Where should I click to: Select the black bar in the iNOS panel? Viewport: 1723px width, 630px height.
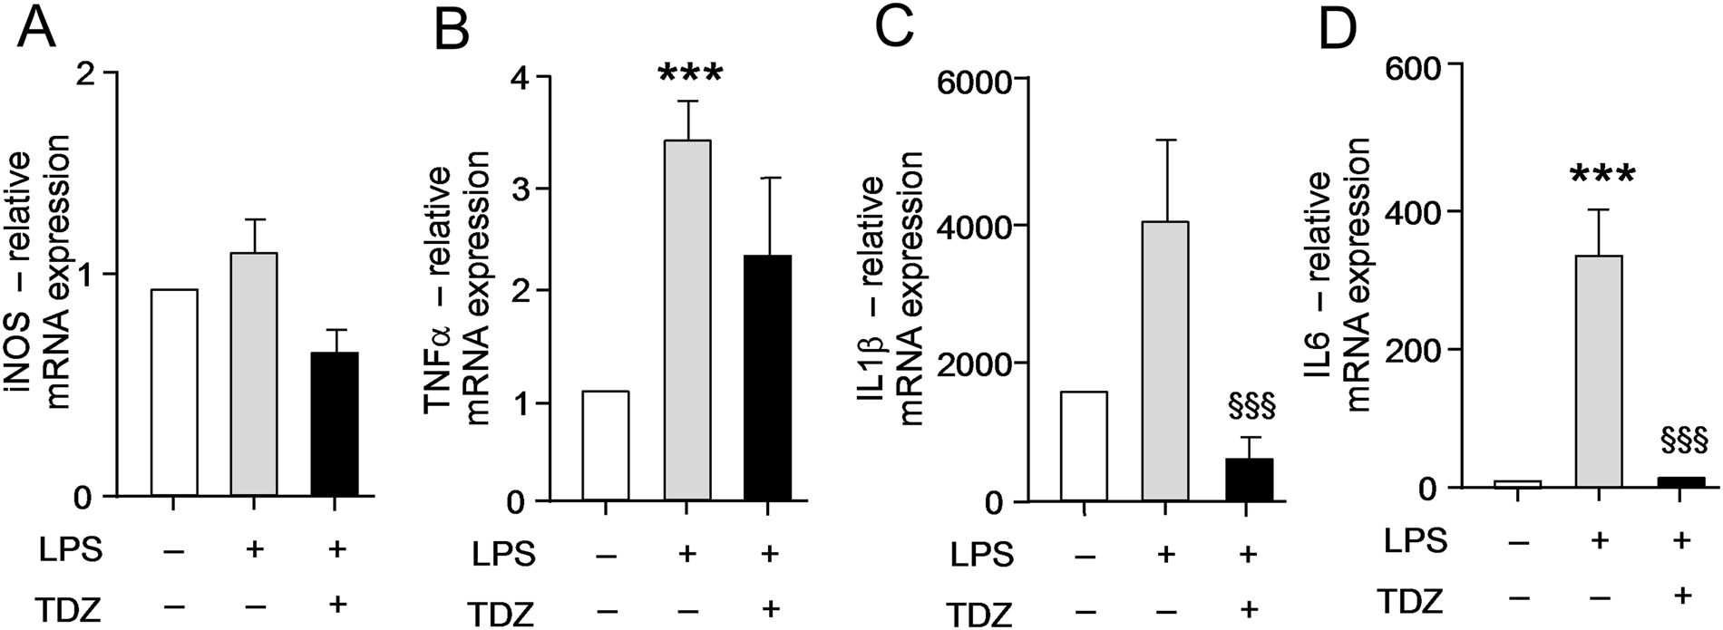[335, 424]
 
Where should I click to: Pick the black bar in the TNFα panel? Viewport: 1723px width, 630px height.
[767, 377]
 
